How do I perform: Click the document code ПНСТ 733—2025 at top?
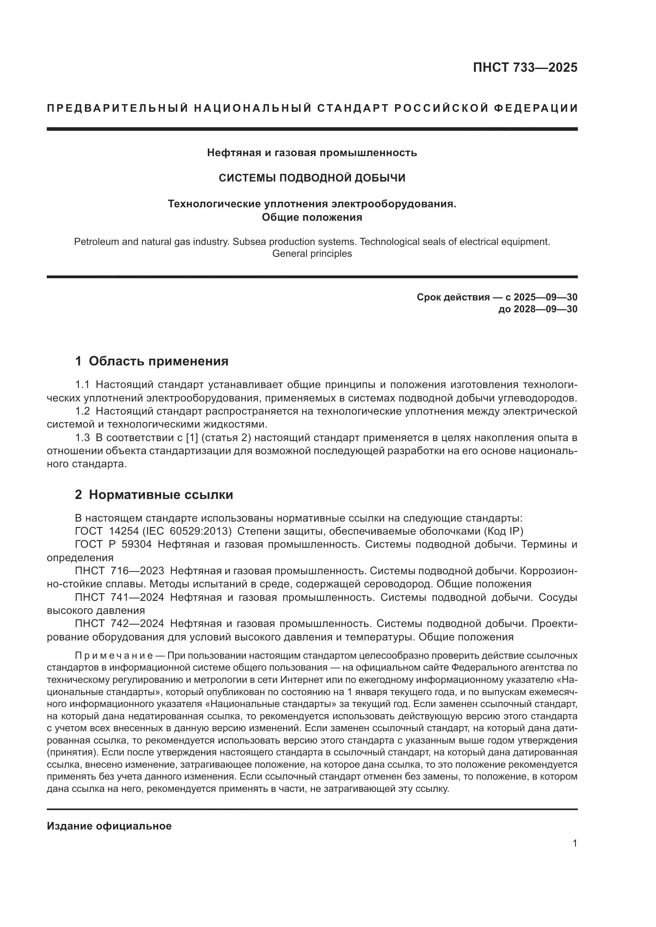coord(525,67)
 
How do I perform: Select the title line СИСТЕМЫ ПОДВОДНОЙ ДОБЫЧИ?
coord(312,178)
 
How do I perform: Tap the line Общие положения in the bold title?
coord(312,217)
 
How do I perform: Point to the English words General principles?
coord(312,254)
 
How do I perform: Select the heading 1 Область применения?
coord(152,361)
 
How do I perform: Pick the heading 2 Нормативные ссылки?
coord(154,495)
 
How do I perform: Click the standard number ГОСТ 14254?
coord(104,531)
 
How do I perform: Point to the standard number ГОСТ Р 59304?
coord(113,544)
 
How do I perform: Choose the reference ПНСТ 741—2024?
coord(119,598)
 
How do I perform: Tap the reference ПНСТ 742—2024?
coord(119,624)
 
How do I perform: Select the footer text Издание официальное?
coord(109,826)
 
